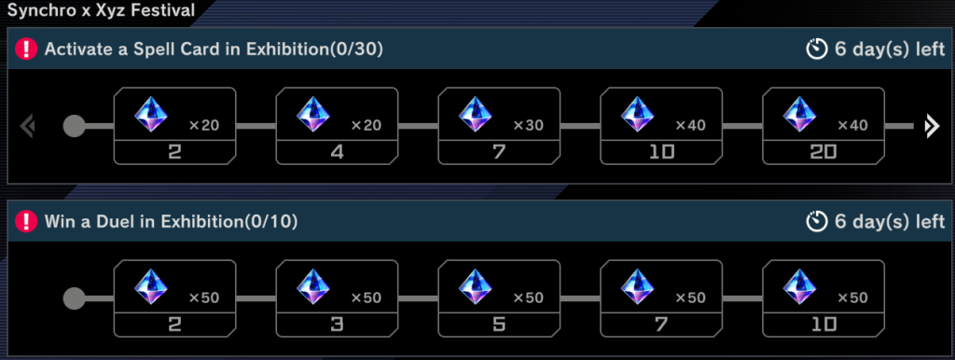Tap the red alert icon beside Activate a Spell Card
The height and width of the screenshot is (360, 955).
[26, 48]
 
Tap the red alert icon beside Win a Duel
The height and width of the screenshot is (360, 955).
[26, 222]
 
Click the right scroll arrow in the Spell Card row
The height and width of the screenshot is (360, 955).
[930, 126]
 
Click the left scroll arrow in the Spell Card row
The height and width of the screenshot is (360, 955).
[26, 126]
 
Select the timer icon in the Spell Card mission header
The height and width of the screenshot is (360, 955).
[818, 48]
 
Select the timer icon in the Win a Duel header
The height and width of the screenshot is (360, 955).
[818, 222]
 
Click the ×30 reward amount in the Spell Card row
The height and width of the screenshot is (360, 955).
[527, 125]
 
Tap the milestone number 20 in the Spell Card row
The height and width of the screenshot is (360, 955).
[824, 151]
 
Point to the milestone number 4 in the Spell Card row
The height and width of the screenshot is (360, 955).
[337, 151]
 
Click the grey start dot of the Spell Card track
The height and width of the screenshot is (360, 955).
[75, 126]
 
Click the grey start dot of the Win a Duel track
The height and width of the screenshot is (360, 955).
[75, 298]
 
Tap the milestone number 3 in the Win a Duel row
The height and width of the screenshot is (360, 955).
[337, 325]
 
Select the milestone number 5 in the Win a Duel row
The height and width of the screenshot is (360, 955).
[499, 325]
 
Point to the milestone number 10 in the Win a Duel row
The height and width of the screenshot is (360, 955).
[824, 325]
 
